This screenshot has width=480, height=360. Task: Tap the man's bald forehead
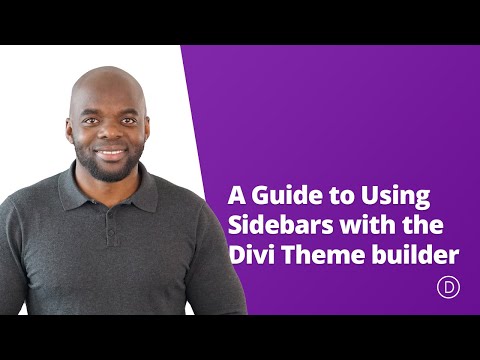tap(108, 85)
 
